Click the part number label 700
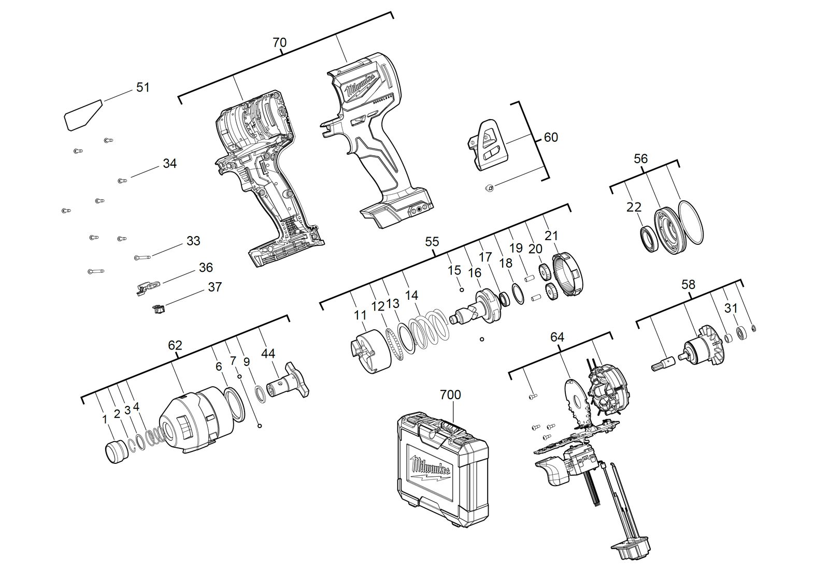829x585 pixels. pos(450,395)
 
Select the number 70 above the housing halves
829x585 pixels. pos(279,42)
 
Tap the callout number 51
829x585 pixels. pos(143,87)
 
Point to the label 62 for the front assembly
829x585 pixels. pos(175,345)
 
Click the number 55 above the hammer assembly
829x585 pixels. pos(432,242)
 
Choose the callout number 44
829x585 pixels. pos(268,354)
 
